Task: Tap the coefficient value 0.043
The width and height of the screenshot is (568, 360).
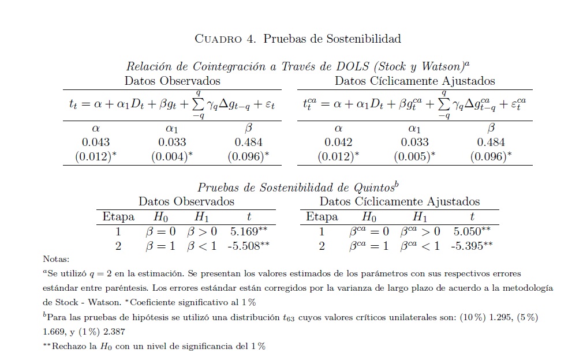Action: tap(96, 142)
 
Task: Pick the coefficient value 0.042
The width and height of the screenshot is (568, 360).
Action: tap(338, 142)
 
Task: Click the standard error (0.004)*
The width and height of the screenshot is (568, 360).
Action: tap(172, 156)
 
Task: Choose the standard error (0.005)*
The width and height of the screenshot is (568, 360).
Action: tap(414, 156)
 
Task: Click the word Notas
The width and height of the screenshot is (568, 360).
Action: tap(55, 260)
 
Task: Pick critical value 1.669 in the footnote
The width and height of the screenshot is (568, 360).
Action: tap(55, 332)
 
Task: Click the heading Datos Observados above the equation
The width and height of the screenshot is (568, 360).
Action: tap(172, 81)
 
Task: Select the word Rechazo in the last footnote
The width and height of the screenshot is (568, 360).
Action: tap(69, 346)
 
